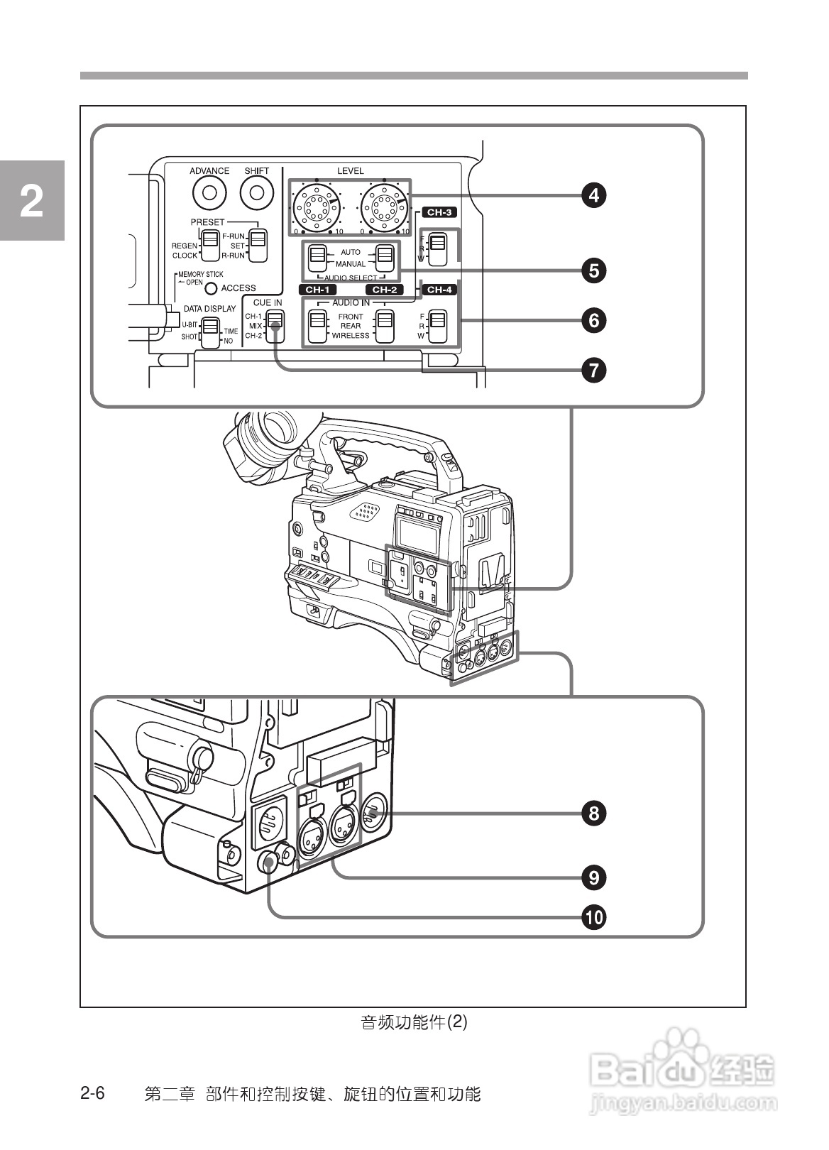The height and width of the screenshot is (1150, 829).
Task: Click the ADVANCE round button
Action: tap(209, 192)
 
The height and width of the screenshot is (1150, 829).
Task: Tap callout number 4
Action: tap(594, 195)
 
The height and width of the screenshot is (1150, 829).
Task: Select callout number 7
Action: tap(594, 370)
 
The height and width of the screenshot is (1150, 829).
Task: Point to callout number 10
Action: tap(594, 917)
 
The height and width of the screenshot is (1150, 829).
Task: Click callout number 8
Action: tap(594, 813)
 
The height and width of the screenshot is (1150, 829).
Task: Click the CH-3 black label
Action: tap(439, 212)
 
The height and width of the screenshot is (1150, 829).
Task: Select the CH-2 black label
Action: tap(384, 290)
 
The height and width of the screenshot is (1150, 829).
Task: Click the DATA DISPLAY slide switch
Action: tap(210, 332)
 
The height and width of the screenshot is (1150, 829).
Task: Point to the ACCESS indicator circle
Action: tap(212, 288)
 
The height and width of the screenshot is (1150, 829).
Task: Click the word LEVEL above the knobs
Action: tap(350, 171)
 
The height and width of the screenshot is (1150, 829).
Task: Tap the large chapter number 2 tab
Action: tap(32, 202)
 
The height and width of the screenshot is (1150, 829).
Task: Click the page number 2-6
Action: tap(92, 1093)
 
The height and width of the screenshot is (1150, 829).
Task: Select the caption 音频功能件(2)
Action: tap(414, 1022)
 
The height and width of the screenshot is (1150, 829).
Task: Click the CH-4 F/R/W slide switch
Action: tap(438, 325)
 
